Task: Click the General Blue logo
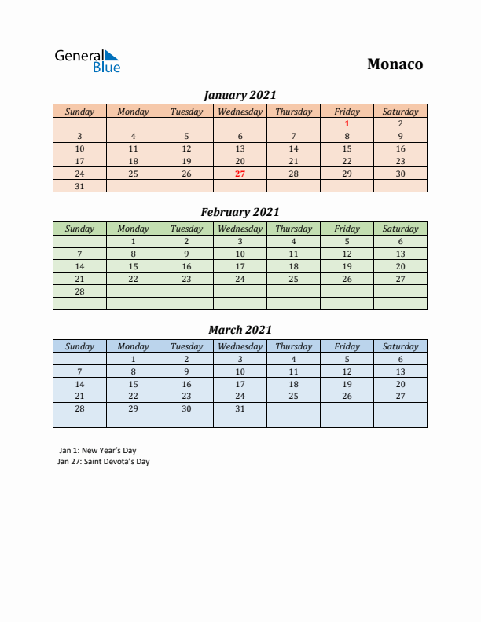[87, 61]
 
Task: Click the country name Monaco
[395, 64]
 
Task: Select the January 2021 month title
[240, 95]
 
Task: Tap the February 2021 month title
[240, 212]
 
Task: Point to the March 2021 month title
[240, 330]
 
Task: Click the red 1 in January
[347, 123]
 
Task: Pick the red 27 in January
[240, 174]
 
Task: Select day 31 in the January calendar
[79, 186]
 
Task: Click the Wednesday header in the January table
[240, 112]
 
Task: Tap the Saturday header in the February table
[400, 229]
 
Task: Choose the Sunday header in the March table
[79, 346]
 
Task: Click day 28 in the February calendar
[79, 291]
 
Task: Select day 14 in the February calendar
[79, 266]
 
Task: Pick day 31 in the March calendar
[240, 409]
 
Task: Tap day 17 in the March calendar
[240, 384]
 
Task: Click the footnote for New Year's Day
[97, 451]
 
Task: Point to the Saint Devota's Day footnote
[104, 462]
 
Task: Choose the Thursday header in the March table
[293, 346]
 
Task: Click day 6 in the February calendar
[400, 241]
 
